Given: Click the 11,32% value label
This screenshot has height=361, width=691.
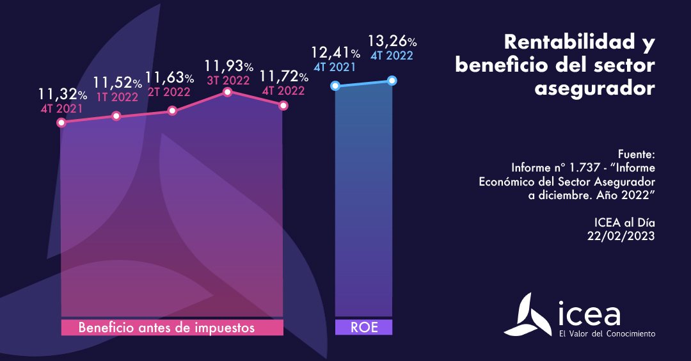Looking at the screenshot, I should point(63,95).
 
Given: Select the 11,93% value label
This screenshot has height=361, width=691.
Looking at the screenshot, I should point(229,66).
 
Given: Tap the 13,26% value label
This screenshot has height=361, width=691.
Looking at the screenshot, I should point(392,42).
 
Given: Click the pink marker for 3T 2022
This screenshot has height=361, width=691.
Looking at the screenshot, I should point(227,92).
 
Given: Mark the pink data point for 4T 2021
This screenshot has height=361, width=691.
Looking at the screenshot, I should point(61,122).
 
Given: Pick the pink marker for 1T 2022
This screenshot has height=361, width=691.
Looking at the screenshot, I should point(116,116).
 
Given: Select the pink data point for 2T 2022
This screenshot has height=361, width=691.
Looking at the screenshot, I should point(171,111).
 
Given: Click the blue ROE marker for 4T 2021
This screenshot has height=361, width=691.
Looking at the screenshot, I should point(335,85).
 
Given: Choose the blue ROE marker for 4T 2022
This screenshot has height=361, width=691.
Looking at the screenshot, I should point(392,81).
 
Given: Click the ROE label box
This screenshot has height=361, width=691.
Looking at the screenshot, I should point(363,328).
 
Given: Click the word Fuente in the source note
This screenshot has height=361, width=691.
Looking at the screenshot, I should point(637,154).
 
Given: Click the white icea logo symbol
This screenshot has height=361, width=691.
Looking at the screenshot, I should point(527,315).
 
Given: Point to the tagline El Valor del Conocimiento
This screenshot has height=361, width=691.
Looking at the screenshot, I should point(607,333).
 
